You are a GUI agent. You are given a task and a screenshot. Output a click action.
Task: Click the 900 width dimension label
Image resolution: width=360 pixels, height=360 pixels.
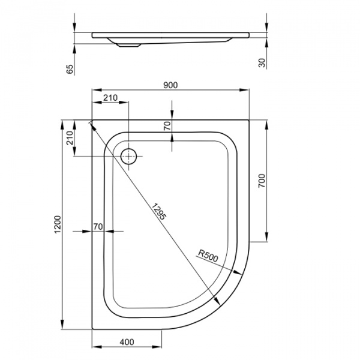[x=170, y=85]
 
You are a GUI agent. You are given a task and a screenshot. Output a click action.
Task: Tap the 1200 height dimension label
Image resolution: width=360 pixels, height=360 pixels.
[x=58, y=224]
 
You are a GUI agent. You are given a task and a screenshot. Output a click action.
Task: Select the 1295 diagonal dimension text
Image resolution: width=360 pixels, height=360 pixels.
[x=158, y=212]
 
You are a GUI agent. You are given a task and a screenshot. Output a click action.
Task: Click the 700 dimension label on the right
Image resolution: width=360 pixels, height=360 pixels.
[x=262, y=181]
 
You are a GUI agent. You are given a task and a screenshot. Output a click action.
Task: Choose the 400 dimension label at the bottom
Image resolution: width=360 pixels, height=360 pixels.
[x=127, y=342]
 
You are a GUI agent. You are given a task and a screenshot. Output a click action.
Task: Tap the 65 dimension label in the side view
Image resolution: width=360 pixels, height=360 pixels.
[x=70, y=69]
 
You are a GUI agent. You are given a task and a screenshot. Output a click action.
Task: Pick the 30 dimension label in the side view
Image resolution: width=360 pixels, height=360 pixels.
[x=262, y=63]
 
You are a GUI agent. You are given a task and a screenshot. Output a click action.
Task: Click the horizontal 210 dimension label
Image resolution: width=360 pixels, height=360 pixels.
[x=110, y=98]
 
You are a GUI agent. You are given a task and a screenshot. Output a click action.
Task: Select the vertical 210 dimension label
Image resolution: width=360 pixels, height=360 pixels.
[x=70, y=137]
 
